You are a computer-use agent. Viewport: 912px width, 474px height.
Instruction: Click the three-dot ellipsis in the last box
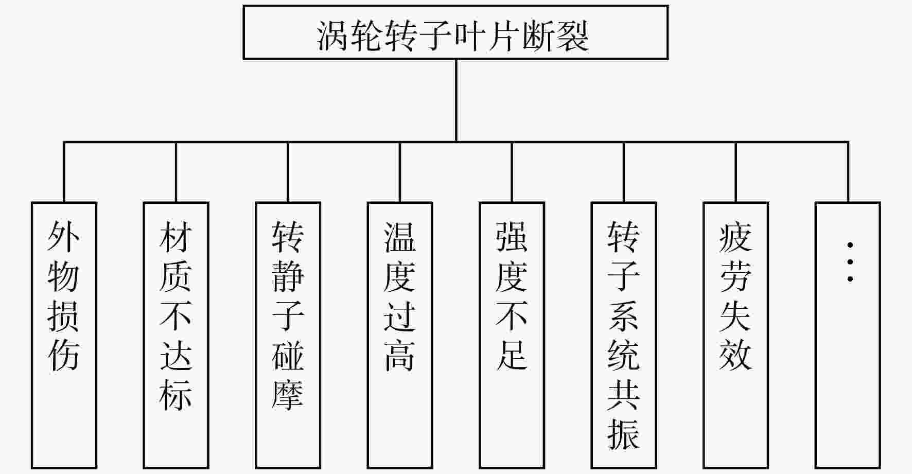(850, 262)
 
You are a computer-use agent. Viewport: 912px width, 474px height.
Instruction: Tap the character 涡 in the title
(333, 36)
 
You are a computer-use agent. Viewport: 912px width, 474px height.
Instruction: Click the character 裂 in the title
(573, 36)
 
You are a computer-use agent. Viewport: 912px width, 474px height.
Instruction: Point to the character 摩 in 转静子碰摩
(288, 395)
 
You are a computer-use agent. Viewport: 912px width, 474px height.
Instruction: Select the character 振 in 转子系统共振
(624, 434)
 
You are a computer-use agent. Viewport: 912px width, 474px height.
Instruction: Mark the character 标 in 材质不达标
(176, 395)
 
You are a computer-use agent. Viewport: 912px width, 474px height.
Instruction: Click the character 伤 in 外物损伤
(64, 355)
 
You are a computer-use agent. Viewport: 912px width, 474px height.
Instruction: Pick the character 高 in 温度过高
(400, 355)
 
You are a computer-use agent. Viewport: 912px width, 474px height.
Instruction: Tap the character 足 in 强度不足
(512, 355)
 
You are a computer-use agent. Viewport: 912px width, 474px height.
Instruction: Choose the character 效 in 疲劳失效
(735, 355)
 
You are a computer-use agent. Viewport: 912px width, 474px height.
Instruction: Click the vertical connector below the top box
(456, 100)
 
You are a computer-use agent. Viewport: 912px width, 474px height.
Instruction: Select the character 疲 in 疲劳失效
(735, 237)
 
